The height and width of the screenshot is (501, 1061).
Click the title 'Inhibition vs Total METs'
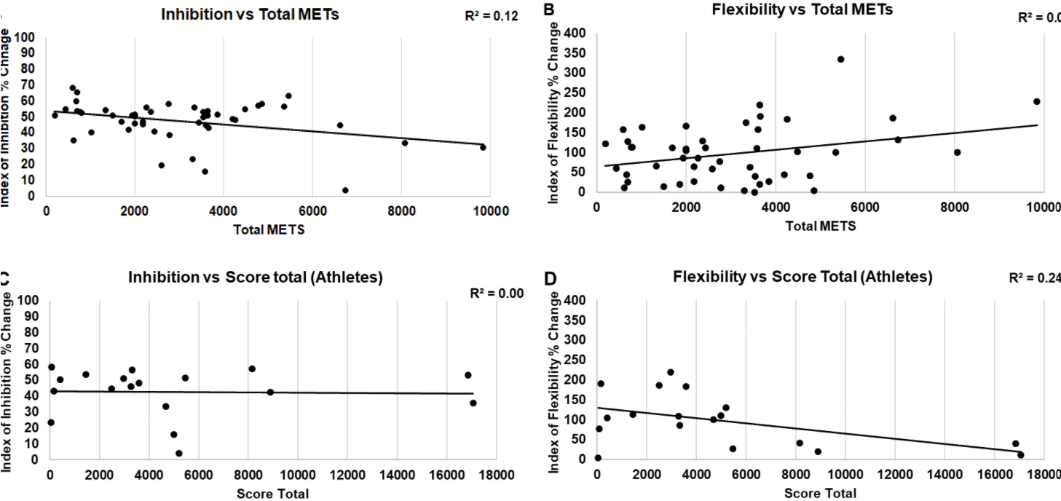point(250,14)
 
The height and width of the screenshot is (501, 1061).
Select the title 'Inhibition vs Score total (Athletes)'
point(255,277)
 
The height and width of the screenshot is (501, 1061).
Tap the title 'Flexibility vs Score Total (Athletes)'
point(802,277)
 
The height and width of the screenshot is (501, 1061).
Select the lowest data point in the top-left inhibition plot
point(345,190)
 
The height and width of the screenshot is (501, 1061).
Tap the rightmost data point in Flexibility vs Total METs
point(1036,101)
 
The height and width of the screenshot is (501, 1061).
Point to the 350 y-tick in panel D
point(575,320)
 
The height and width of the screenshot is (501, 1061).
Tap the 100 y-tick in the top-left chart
point(28,37)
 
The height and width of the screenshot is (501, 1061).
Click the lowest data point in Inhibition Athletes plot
point(178,453)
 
